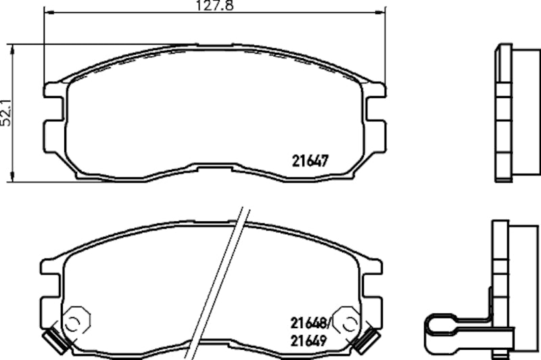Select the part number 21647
[x=310, y=161]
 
